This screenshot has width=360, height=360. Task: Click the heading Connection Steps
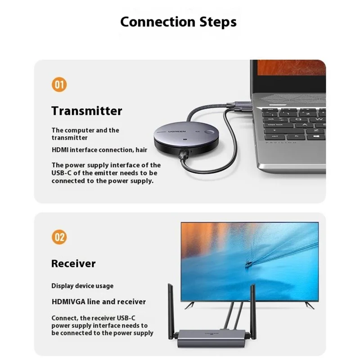[178, 22]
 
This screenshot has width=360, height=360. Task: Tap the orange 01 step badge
[59, 85]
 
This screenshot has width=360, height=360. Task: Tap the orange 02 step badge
[59, 237]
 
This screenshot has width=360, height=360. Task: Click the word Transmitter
[87, 111]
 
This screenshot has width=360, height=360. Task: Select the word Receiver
[73, 264]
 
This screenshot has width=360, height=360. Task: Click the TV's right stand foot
[309, 305]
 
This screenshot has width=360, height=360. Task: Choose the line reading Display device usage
[82, 286]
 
